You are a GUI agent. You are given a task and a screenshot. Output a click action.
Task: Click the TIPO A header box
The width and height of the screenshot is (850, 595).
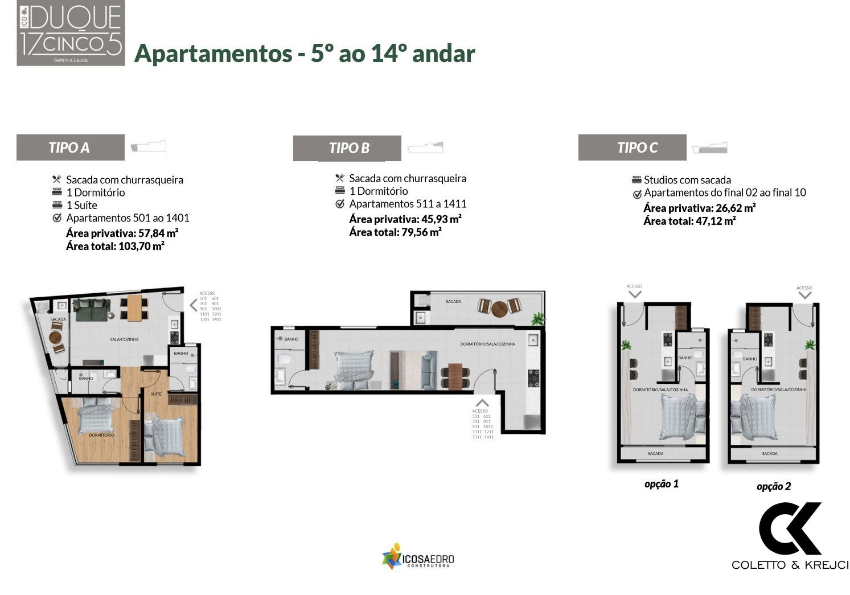click(70, 147)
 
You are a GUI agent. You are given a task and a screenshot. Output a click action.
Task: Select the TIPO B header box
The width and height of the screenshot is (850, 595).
click(347, 148)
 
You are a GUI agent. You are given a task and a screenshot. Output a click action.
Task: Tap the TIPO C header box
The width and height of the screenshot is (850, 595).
click(632, 147)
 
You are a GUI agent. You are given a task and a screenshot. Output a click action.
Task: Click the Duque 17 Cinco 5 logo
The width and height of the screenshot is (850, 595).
click(71, 33)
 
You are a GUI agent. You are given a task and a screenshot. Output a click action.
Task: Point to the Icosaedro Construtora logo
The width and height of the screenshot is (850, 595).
click(418, 557)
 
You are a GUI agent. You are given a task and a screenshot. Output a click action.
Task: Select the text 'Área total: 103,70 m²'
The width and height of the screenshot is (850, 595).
click(115, 247)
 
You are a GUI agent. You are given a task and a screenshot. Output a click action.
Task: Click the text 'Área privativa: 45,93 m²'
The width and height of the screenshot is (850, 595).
click(405, 219)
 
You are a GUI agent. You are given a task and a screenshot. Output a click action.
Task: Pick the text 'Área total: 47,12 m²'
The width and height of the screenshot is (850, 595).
click(689, 221)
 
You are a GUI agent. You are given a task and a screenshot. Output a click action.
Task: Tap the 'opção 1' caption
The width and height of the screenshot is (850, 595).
click(661, 484)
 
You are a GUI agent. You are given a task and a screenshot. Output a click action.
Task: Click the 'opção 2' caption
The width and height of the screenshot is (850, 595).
click(773, 486)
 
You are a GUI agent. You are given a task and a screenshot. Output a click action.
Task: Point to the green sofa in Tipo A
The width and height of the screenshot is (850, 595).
click(92, 310)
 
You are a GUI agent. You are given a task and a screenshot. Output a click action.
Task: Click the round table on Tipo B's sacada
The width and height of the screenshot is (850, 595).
click(499, 308)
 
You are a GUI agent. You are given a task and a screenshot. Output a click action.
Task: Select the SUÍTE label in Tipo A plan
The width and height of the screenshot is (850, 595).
click(156, 393)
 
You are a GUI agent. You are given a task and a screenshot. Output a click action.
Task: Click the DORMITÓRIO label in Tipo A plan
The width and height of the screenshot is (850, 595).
click(101, 435)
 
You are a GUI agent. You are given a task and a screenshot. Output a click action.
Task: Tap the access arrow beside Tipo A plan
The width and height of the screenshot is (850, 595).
click(193, 306)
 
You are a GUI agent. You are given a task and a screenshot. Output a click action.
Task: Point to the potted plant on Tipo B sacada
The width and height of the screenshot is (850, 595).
click(537, 319)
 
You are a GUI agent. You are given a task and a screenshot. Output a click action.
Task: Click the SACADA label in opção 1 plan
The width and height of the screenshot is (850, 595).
click(655, 454)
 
